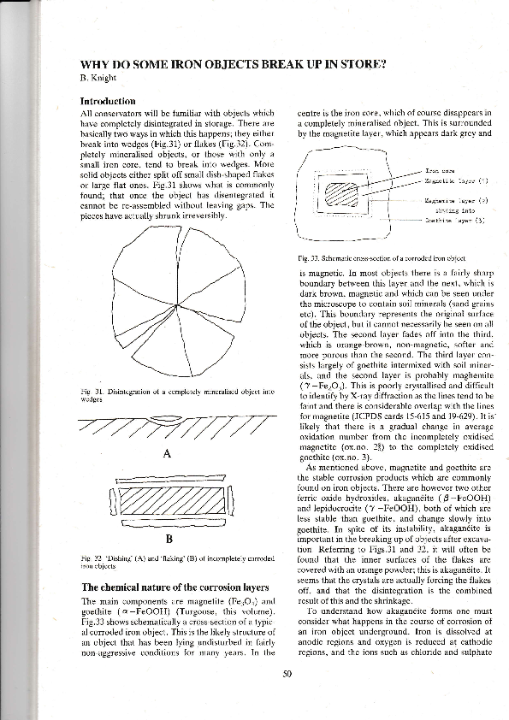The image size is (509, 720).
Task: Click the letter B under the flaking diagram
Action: [169, 539]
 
